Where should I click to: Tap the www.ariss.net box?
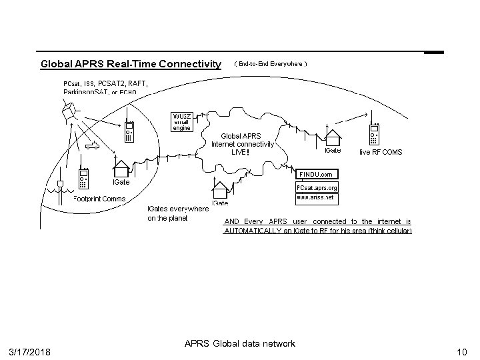317,198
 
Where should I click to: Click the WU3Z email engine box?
182,123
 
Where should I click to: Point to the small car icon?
93,145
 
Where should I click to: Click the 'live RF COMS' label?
381,153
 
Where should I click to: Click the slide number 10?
461,351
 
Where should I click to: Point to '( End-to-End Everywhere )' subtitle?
270,64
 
